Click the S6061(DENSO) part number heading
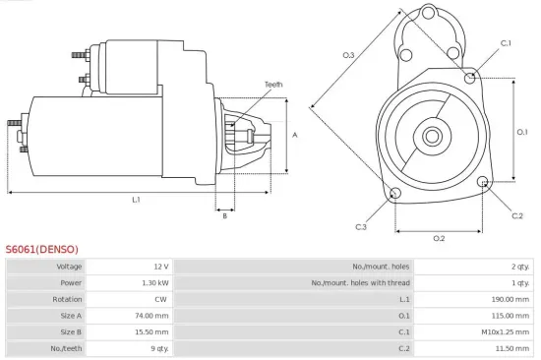(41, 249)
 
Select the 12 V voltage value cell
(160, 267)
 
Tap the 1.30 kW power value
(154, 282)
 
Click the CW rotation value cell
(161, 299)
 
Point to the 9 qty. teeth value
(157, 349)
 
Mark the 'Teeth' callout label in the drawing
(273, 85)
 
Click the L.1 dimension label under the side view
(136, 200)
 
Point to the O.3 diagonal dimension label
(348, 55)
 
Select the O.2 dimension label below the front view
(439, 237)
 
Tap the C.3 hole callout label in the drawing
(361, 227)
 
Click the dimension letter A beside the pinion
(294, 134)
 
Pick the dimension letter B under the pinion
(225, 215)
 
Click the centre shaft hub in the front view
(431, 134)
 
